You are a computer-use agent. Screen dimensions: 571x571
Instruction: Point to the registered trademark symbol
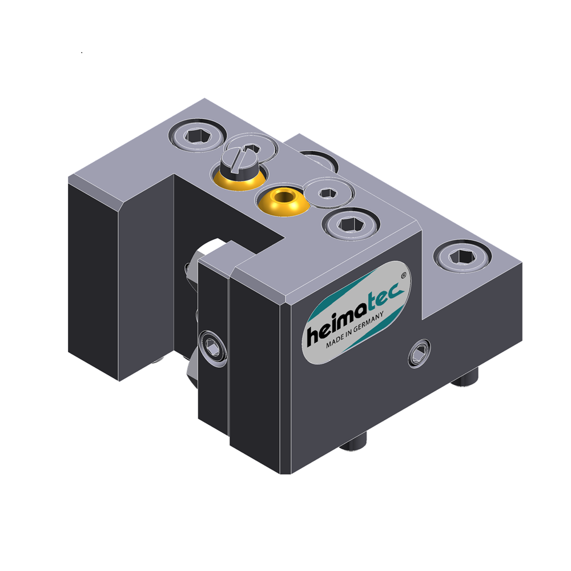click(404, 276)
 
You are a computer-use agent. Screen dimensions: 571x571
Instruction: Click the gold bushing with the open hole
click(282, 201)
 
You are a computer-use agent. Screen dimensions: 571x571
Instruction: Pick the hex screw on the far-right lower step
click(462, 257)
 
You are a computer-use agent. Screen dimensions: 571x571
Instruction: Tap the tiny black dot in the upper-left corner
click(82, 53)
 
